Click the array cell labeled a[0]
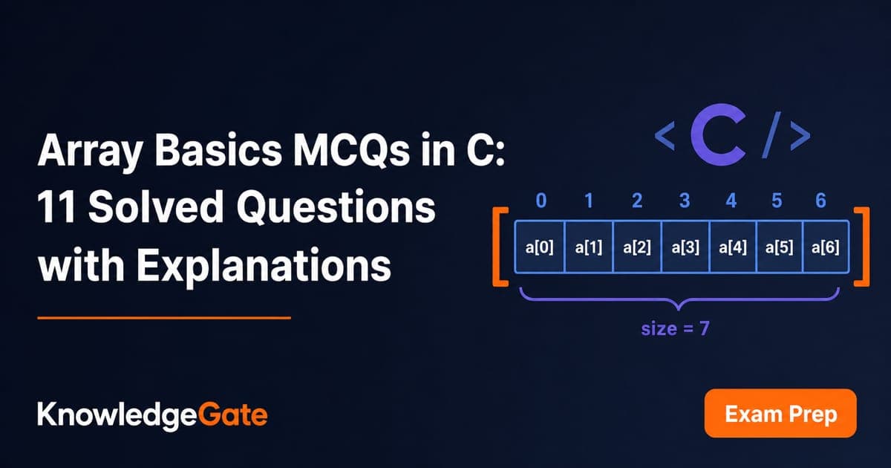[x=540, y=247]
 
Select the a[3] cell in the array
[x=685, y=247]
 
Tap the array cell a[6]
[x=826, y=247]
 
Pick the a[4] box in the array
[x=733, y=247]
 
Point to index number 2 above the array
[x=637, y=201]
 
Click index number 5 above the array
[x=777, y=201]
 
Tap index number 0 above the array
[x=541, y=201]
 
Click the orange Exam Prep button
[x=780, y=413]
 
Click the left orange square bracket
[x=497, y=247]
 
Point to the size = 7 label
[x=676, y=328]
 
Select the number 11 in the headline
[x=56, y=207]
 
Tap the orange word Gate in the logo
[x=232, y=415]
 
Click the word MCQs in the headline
[x=352, y=150]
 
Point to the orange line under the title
[x=164, y=318]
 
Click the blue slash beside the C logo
[x=771, y=134]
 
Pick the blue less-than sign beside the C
[x=665, y=136]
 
